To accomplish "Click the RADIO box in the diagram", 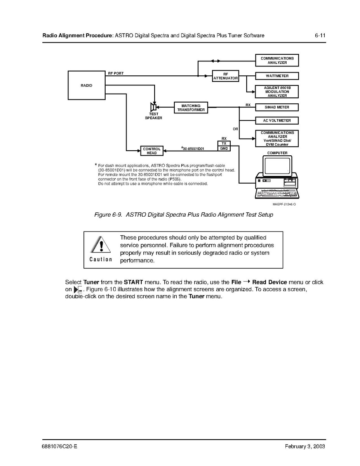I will pyautogui.click(x=86, y=85).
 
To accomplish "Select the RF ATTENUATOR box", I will pyautogui.click(x=225, y=76).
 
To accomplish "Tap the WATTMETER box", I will pyautogui.click(x=277, y=76).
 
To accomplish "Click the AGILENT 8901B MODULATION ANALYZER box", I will pyautogui.click(x=277, y=92).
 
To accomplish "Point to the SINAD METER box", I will pyautogui.click(x=277, y=107).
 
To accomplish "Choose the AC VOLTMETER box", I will pyautogui.click(x=277, y=120).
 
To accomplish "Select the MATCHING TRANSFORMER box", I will pyautogui.click(x=191, y=108).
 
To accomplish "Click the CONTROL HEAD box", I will pyautogui.click(x=152, y=151).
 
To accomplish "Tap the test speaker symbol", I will pyautogui.click(x=153, y=107).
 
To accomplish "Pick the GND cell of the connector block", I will pyautogui.click(x=224, y=148).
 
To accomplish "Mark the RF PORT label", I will pyautogui.click(x=116, y=73).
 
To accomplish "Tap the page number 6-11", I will pyautogui.click(x=320, y=36).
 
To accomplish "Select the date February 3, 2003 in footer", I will pyautogui.click(x=304, y=446).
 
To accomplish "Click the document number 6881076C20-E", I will pyautogui.click(x=59, y=446).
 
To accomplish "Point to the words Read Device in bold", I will pyautogui.click(x=270, y=282).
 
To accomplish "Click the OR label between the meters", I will pyautogui.click(x=235, y=129).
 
